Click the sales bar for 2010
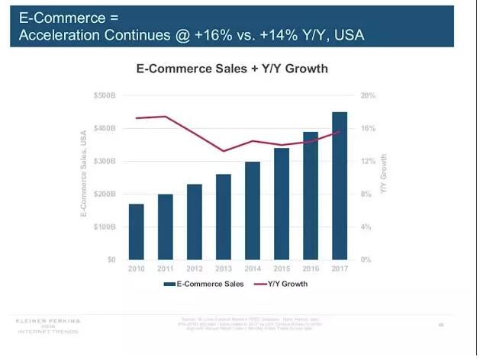click(137, 232)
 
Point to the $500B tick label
click(105, 96)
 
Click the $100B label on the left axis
click(105, 227)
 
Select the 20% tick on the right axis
click(368, 96)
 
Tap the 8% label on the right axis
click(366, 194)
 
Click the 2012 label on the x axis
click(195, 269)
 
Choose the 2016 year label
click(311, 269)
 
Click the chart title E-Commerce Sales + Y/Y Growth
click(231, 69)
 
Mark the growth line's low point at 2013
click(224, 151)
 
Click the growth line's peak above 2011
click(166, 117)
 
